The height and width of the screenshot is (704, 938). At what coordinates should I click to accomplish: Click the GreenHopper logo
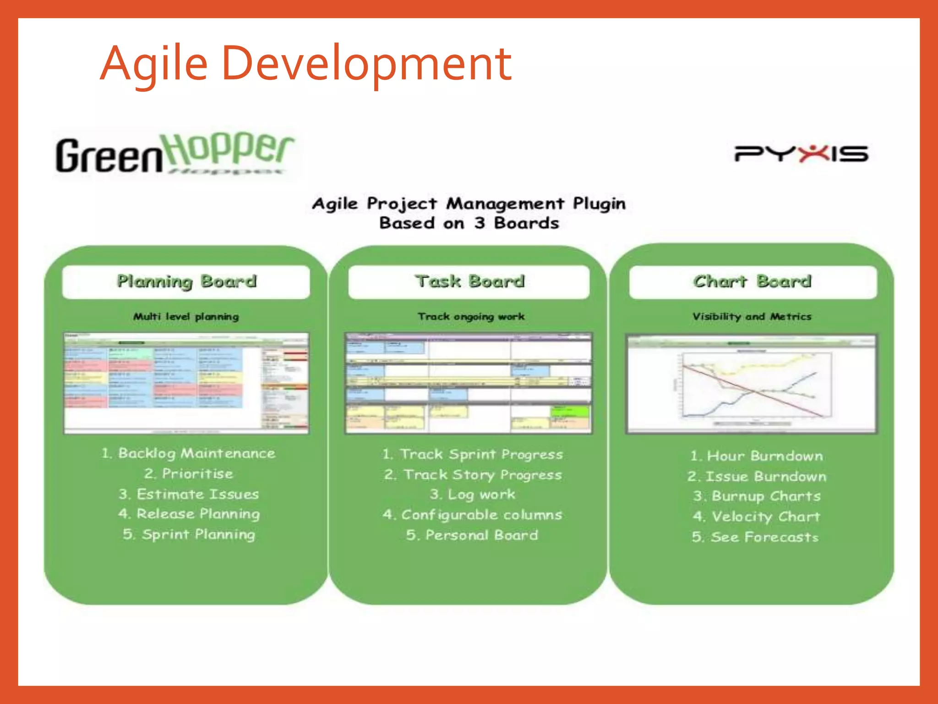pos(174,154)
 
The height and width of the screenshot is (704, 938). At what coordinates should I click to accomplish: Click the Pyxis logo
pos(801,154)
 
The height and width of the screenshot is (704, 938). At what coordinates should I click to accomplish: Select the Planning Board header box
pos(186,281)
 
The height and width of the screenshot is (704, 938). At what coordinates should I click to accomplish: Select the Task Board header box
pos(469,281)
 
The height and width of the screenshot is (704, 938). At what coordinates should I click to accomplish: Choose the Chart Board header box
pos(753,281)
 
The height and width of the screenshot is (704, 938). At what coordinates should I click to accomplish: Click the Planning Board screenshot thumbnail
pos(186,383)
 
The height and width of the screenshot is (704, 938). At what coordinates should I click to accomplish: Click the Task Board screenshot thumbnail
pos(469,383)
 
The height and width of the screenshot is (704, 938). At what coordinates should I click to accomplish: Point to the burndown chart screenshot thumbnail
pos(752,384)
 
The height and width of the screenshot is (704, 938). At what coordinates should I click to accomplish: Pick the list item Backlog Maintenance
pos(189,453)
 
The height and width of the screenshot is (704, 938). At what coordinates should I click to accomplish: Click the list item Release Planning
pos(189,514)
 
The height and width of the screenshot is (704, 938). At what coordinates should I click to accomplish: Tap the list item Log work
pos(472,495)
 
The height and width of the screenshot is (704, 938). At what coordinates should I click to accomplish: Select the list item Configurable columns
pos(472,515)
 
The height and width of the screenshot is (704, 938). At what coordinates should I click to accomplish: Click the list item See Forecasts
pos(755,537)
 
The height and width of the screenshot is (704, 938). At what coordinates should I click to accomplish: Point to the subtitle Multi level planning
pos(186,316)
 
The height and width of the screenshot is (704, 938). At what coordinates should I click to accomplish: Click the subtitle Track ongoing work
pos(471,316)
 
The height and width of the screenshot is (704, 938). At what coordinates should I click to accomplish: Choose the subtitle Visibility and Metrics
pos(752,316)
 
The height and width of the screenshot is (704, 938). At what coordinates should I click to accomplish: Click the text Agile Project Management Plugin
pos(469,203)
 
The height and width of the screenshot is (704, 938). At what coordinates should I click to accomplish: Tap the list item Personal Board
pos(472,535)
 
